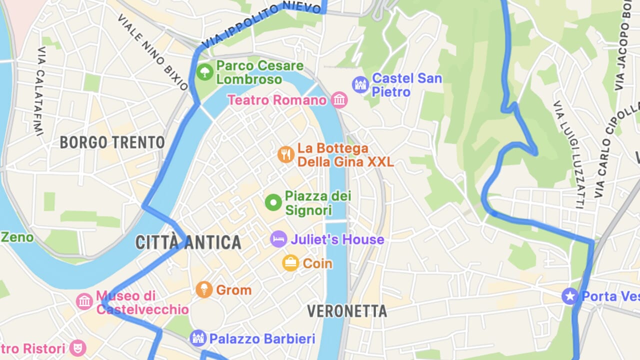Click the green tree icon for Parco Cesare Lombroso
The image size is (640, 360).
204,72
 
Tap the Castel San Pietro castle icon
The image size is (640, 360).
360,84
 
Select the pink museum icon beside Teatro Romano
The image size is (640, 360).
339,100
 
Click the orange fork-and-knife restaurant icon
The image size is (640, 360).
285,154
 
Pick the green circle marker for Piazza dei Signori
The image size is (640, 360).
273,202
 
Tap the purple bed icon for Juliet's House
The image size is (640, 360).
278,239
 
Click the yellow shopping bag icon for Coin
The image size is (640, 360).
290,262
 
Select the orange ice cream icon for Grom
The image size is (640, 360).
204,289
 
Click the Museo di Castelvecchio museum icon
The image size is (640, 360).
84,301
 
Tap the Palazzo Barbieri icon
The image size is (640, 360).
198,338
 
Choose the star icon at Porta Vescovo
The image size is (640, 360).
569,296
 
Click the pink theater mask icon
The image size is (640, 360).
77,347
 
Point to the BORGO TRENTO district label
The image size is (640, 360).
112,142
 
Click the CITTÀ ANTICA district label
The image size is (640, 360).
188,243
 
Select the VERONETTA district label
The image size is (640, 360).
347,311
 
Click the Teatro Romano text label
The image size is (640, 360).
277,100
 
